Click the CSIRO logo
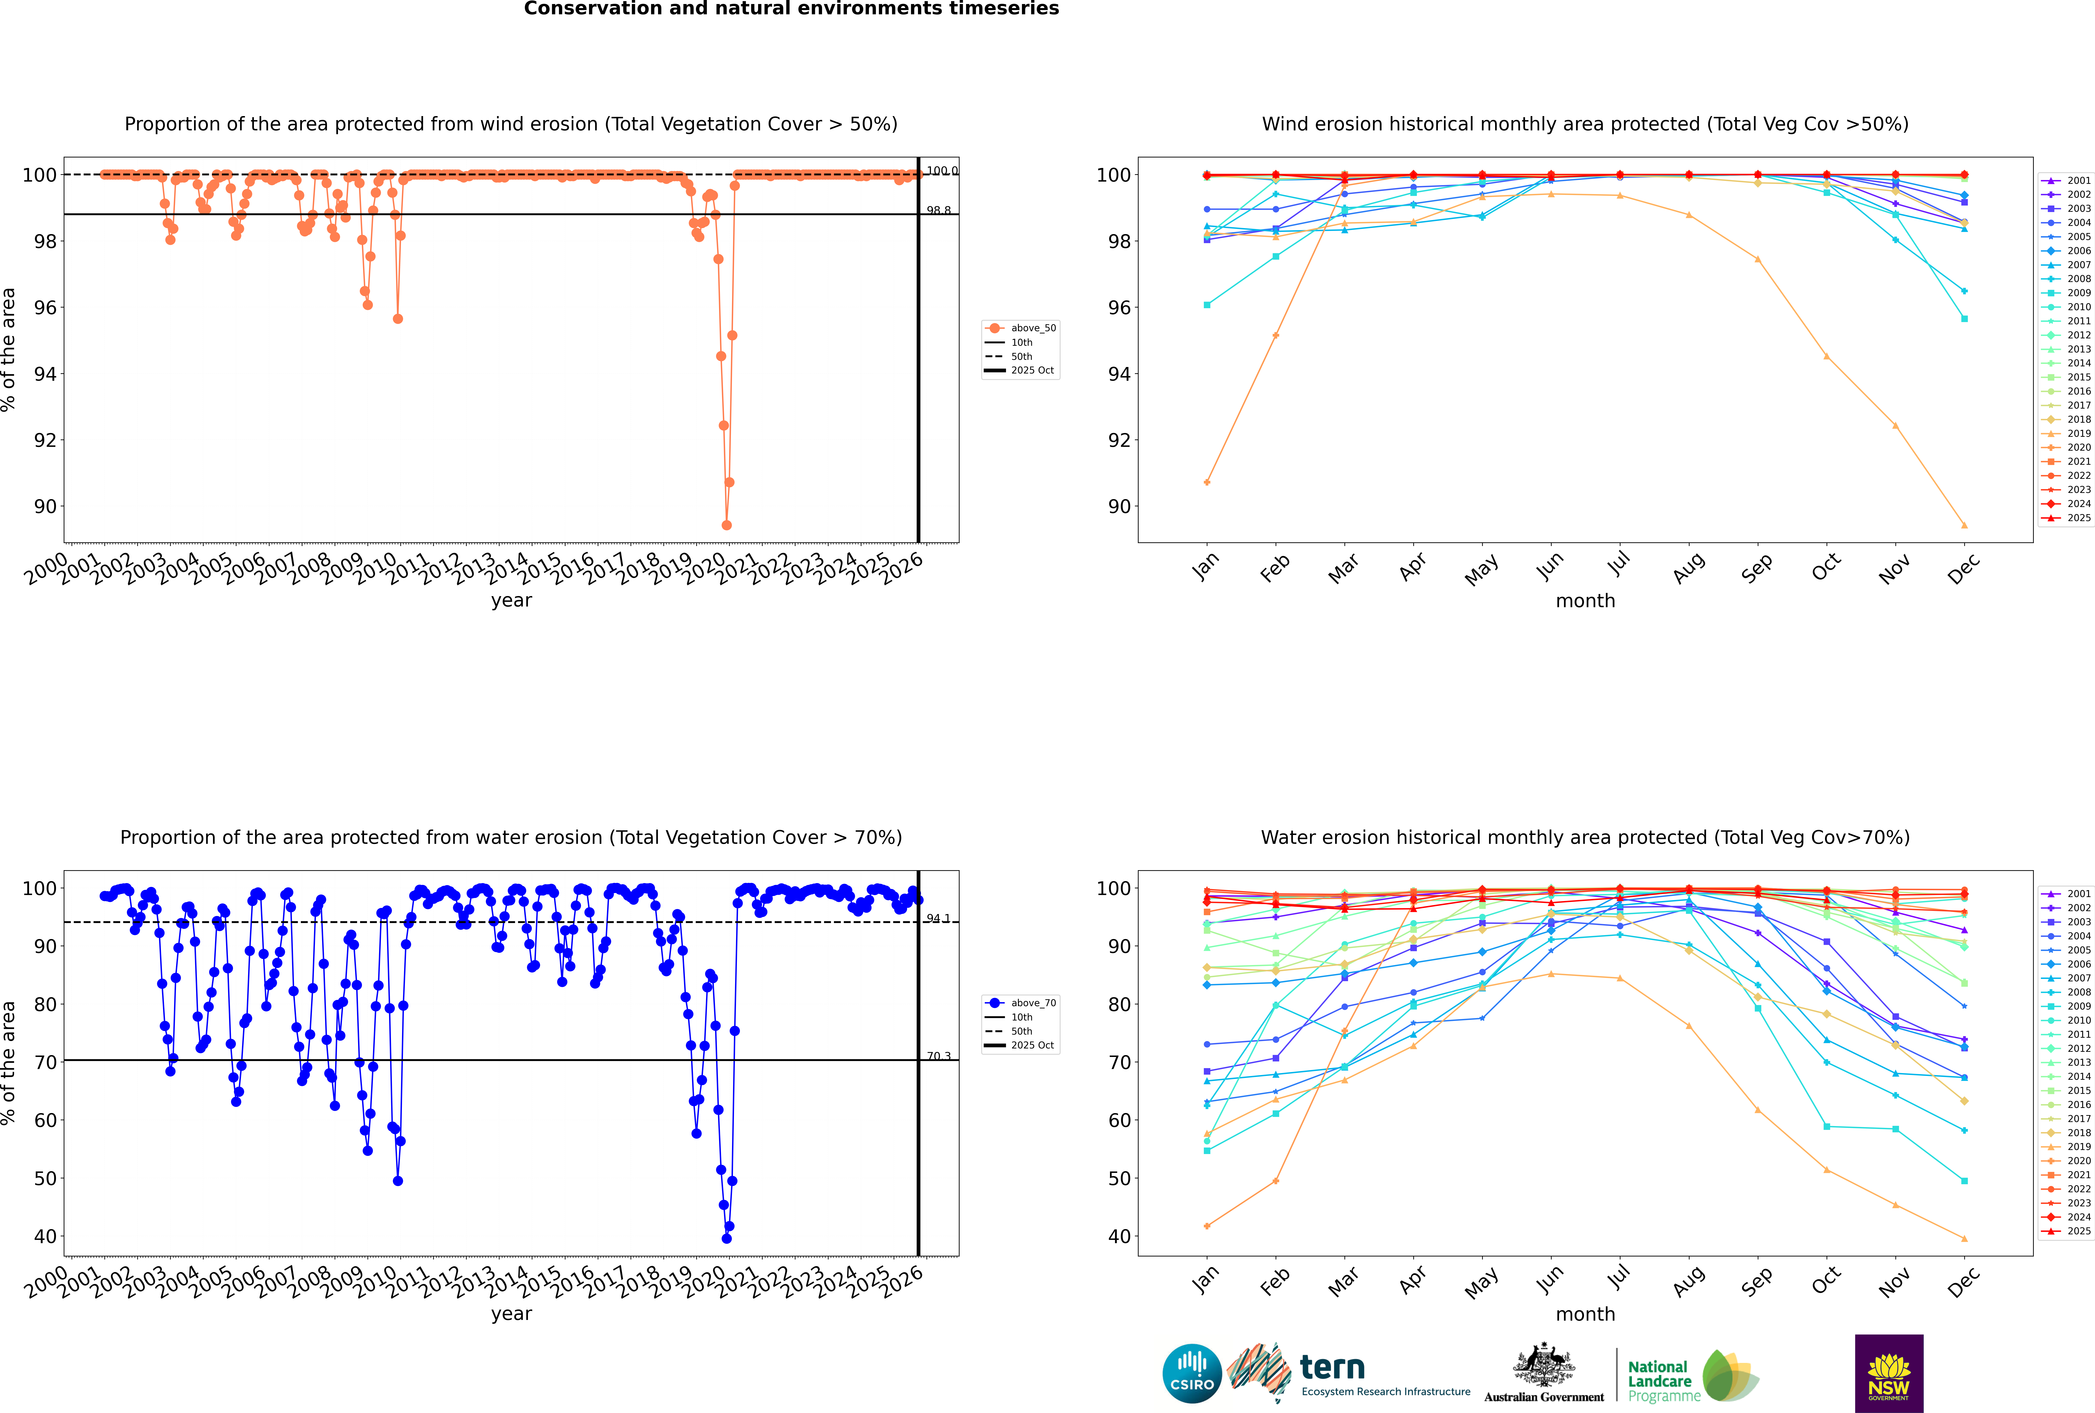pos(1192,1373)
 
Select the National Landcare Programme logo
pos(1692,1376)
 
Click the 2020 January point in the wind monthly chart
pos(1207,482)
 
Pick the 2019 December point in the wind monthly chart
pos(1964,525)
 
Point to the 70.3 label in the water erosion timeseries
pos(939,1056)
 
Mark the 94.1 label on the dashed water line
pos(939,918)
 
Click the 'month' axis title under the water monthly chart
pos(1585,1314)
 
